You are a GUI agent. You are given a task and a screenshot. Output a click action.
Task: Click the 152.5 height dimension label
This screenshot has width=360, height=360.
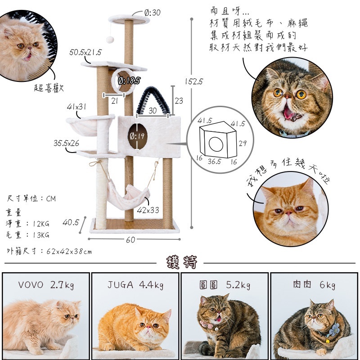click(194, 81)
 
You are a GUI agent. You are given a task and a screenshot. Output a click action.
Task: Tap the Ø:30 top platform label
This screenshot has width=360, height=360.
click(153, 13)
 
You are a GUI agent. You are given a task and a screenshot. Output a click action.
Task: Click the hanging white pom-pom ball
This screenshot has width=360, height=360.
click(110, 40)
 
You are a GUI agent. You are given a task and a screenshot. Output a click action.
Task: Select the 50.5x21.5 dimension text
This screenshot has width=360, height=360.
click(85, 52)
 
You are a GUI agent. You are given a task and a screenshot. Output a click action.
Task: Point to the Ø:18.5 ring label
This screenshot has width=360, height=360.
click(129, 81)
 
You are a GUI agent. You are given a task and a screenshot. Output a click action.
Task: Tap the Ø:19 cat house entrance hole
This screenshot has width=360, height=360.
click(138, 136)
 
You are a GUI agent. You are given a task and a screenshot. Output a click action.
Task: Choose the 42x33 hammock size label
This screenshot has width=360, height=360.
click(148, 210)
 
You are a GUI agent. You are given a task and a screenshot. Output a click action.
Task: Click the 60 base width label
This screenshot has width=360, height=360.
click(130, 240)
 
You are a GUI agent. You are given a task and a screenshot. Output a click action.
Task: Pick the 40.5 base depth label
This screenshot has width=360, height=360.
click(71, 222)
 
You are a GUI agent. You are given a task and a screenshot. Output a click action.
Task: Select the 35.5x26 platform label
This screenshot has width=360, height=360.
click(66, 143)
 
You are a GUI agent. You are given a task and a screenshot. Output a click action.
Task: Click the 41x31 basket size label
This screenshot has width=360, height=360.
click(76, 107)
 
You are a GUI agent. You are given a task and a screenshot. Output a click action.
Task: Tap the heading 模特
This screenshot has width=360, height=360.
click(182, 262)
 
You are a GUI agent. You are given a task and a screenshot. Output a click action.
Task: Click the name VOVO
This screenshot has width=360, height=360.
click(31, 285)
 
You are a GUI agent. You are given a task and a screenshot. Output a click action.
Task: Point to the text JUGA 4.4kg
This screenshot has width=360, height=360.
click(135, 285)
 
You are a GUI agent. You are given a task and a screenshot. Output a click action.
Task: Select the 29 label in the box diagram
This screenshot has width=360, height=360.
click(243, 144)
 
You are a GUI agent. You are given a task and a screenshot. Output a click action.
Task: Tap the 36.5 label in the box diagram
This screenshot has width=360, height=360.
click(214, 162)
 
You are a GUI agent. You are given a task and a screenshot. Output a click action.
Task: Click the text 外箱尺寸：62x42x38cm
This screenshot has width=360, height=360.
click(49, 252)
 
